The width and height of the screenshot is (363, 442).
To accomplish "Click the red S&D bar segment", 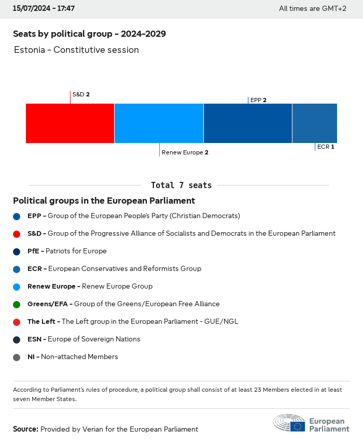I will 70,123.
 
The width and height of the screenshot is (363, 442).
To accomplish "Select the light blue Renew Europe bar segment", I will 159,123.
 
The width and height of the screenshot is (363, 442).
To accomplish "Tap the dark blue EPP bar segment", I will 248,123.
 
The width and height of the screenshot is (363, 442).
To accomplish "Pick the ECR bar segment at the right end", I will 315,123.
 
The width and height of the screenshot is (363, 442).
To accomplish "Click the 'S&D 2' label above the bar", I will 81,95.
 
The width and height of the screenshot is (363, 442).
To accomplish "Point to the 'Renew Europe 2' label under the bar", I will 185,153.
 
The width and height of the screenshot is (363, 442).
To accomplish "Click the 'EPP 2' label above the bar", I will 258,100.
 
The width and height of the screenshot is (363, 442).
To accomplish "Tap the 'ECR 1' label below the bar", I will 326,147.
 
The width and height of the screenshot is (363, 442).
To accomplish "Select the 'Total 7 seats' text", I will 181,186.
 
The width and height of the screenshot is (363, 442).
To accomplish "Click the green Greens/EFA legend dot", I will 17,304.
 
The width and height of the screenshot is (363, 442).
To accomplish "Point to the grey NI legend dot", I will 17,357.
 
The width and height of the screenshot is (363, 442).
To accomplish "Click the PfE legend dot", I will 17,251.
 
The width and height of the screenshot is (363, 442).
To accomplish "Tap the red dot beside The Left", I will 17,322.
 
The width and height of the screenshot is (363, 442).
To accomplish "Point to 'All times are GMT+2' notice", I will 312,9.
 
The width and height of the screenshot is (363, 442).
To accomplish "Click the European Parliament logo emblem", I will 289,423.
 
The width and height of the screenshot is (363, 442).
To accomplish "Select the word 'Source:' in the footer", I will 25,430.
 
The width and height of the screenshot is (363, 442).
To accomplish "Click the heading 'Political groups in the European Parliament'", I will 104,201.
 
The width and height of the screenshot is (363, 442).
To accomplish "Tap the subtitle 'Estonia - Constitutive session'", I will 76,50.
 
